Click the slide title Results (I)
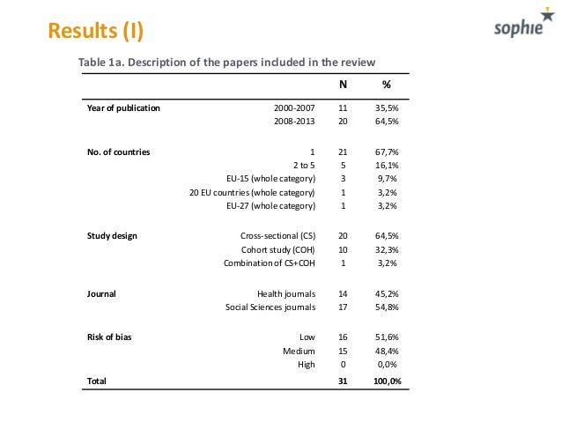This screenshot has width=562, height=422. [94, 32]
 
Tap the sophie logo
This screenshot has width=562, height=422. [517, 32]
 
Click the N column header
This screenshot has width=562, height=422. [344, 85]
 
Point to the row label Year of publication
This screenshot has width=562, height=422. [123, 108]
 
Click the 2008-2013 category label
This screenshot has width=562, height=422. [294, 122]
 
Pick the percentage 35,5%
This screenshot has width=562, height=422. [387, 108]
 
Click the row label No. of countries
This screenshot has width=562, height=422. [119, 152]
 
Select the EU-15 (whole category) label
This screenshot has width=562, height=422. [270, 179]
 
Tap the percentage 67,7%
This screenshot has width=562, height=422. [387, 152]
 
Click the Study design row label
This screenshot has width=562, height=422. [112, 236]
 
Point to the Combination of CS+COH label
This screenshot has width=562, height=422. [269, 263]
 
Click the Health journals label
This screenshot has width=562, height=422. [286, 293]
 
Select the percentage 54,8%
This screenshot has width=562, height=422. [387, 307]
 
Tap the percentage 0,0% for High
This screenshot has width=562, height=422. [387, 364]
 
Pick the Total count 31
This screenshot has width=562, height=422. [344, 381]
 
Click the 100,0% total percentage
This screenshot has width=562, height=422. [385, 381]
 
